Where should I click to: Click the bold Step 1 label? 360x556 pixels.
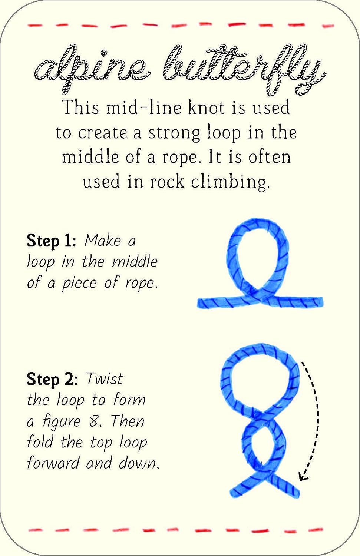point(51,241)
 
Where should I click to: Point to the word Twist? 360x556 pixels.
point(105,379)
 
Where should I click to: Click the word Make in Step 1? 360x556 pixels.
point(103,241)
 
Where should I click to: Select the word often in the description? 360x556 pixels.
point(270,157)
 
